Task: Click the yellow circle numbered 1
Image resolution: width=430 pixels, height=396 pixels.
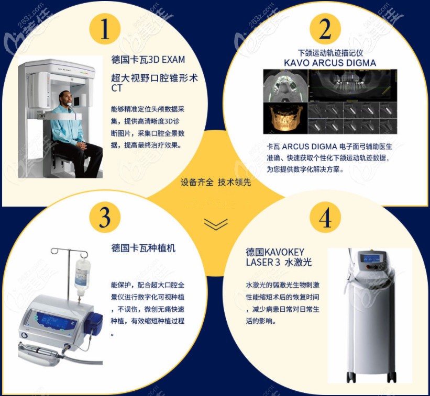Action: click(x=105, y=29)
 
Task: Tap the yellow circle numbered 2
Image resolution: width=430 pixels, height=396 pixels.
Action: click(x=325, y=29)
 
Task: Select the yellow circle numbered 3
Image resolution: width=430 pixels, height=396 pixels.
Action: click(x=105, y=216)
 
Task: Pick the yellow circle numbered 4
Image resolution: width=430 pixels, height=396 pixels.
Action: click(x=325, y=216)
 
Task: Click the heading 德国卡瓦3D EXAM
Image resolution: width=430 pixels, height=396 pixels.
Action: click(x=148, y=60)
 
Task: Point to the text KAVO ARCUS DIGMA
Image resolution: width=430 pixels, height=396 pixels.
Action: click(x=330, y=63)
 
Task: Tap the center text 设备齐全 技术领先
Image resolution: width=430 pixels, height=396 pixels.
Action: click(x=215, y=183)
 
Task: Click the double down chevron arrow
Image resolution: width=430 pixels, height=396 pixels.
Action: click(x=215, y=224)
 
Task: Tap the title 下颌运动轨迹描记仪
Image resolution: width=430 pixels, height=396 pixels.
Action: click(x=330, y=53)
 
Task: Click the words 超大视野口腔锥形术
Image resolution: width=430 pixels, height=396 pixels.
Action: click(x=155, y=78)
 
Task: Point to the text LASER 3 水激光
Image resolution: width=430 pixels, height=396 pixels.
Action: click(x=279, y=262)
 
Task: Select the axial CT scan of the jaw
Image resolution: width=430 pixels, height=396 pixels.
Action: click(x=285, y=85)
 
